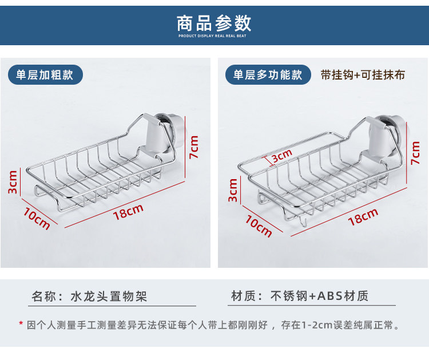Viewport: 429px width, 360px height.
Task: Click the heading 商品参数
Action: tap(214, 22)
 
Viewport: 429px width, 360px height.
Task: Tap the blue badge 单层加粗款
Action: tap(45, 75)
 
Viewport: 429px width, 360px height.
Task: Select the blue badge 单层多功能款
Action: tap(267, 75)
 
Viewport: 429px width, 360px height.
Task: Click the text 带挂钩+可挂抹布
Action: tap(363, 75)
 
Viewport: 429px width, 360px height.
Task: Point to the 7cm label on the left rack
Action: tap(194, 148)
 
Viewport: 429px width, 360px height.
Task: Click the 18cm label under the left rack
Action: tap(128, 212)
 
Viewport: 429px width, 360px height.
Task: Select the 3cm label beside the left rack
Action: tap(13, 182)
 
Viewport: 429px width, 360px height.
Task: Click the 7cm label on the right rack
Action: tap(416, 152)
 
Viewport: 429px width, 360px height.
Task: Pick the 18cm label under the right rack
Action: tap(363, 217)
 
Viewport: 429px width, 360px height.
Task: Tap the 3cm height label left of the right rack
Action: tap(233, 189)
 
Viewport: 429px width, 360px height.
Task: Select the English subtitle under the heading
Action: tap(214, 36)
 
